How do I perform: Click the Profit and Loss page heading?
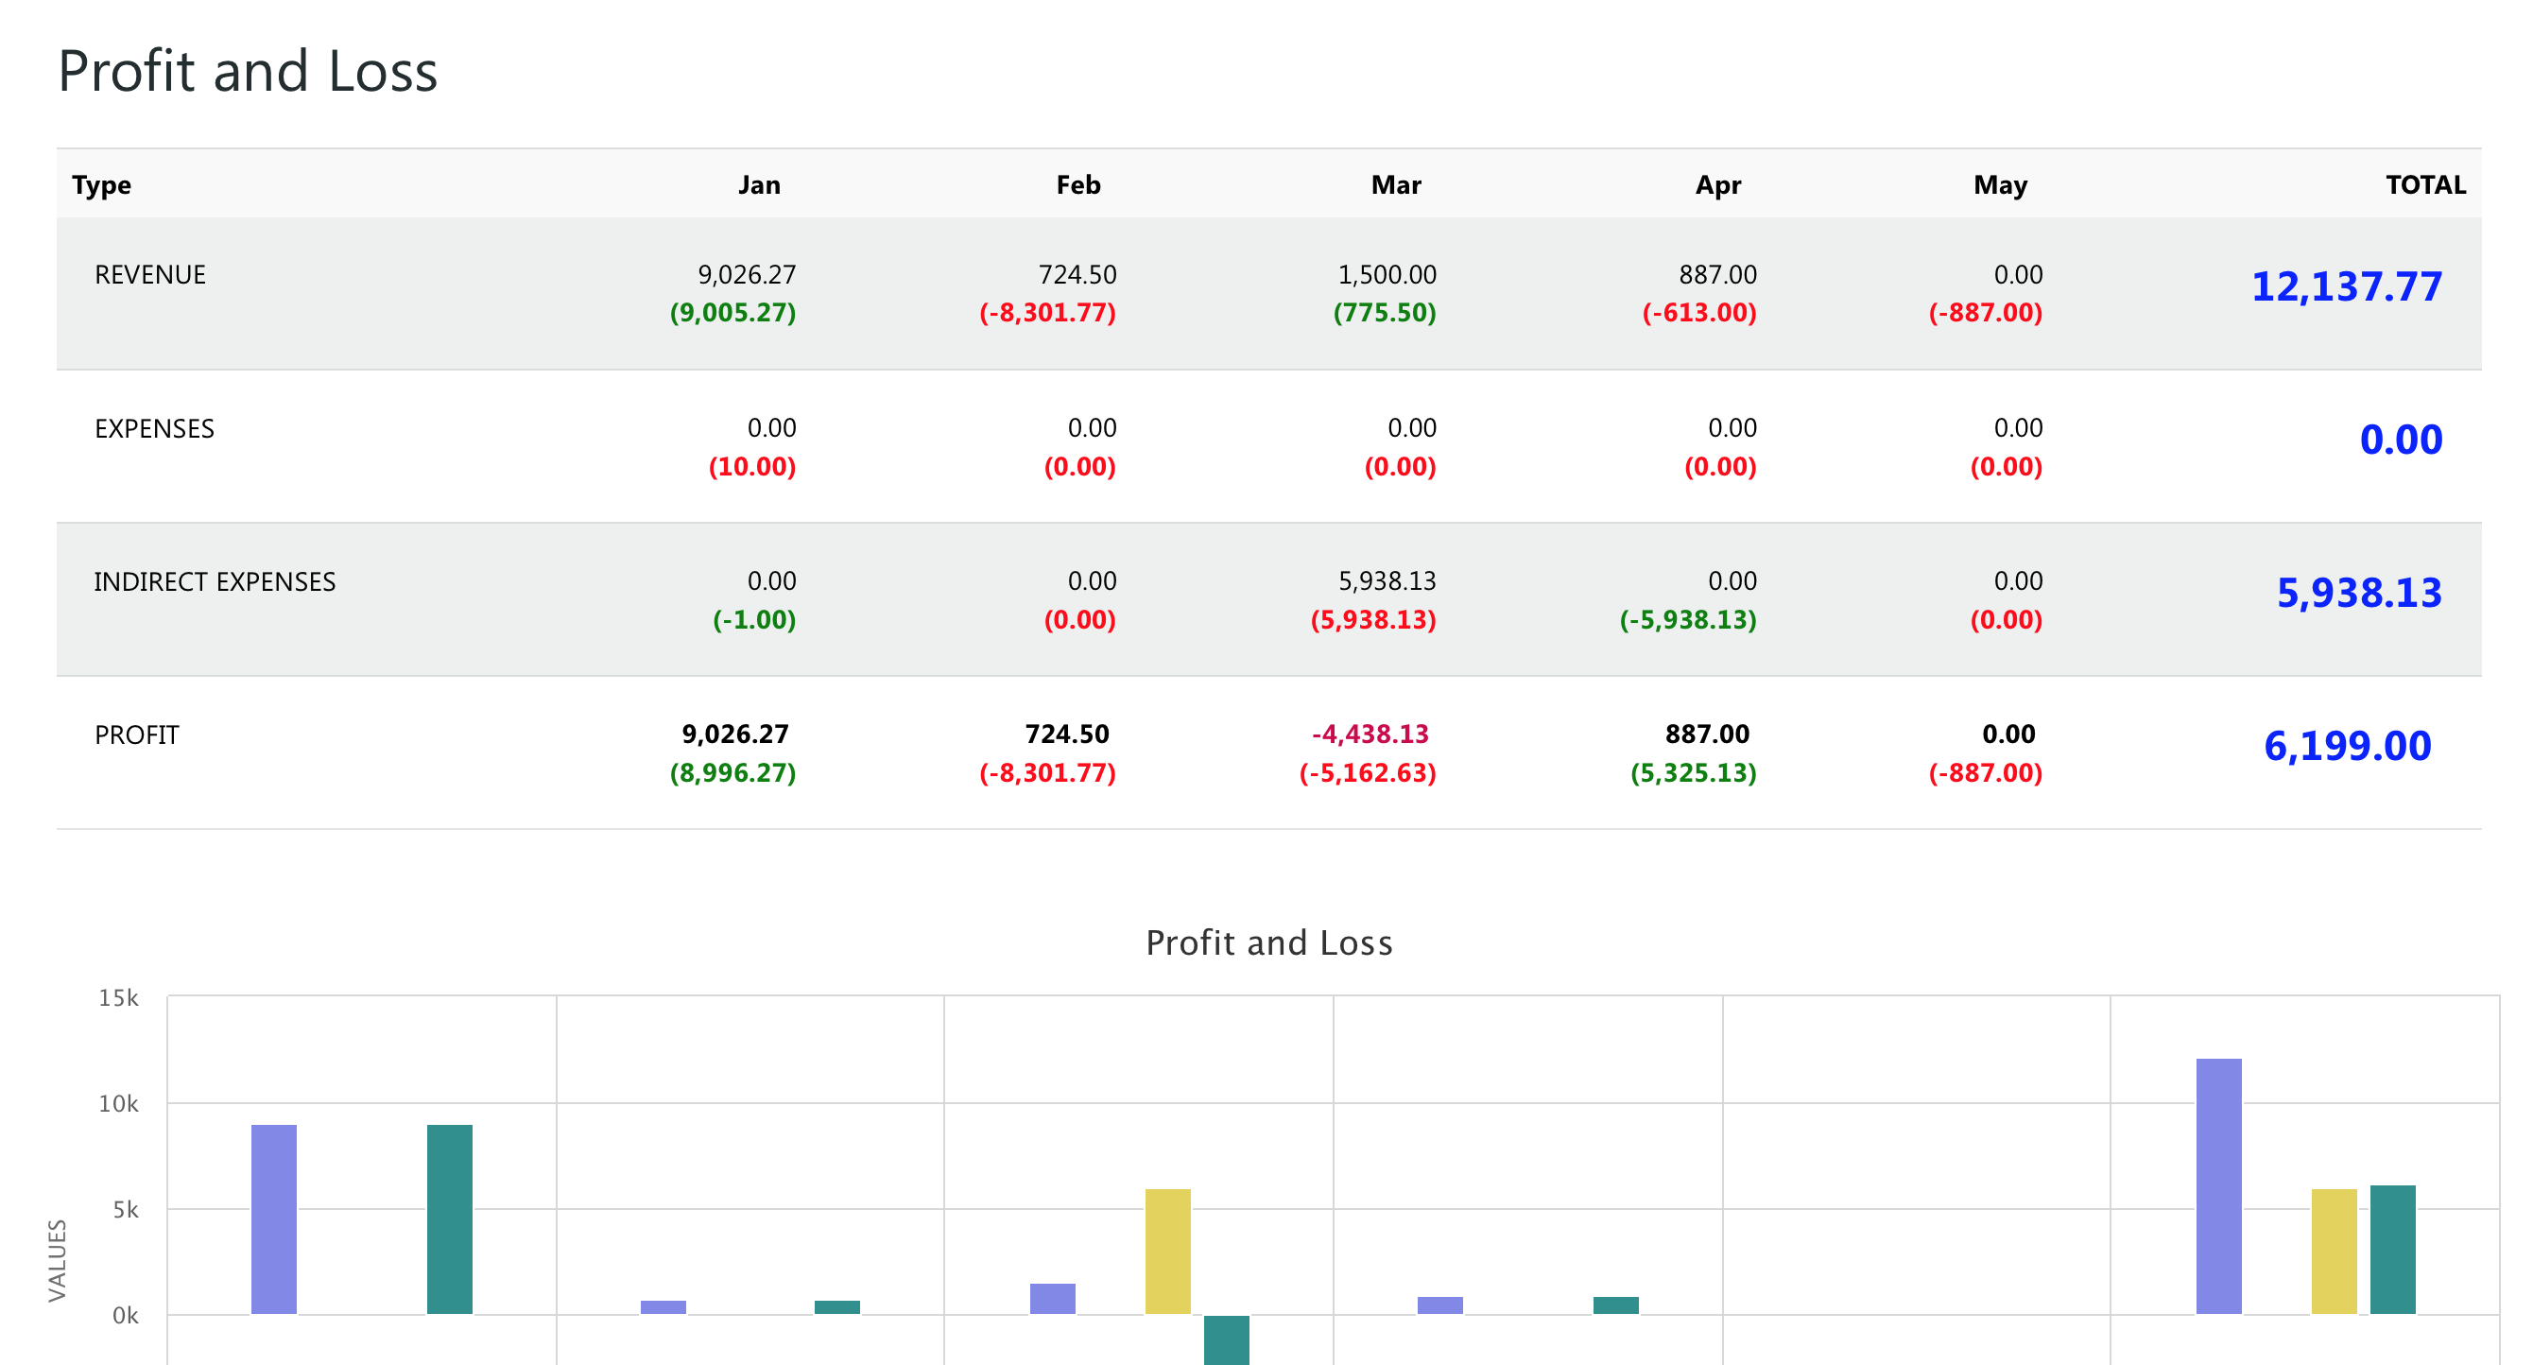(248, 72)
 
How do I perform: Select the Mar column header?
(1395, 185)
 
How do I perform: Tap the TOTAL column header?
(2425, 185)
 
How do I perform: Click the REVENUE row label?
(150, 274)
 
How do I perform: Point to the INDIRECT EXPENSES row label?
(215, 581)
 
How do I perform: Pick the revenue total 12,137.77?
(2346, 287)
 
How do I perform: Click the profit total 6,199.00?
(2347, 747)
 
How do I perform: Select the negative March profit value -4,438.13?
(1370, 734)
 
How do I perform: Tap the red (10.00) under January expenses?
(752, 466)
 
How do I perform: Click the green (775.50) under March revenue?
(1385, 313)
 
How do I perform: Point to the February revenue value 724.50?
(1077, 274)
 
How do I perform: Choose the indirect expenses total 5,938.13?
(2359, 593)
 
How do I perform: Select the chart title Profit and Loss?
(1268, 942)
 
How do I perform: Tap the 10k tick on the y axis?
(119, 1103)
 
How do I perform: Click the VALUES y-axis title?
(57, 1260)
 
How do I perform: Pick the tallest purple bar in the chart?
(2218, 1185)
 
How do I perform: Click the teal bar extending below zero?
(1226, 1339)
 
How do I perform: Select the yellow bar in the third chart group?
(1167, 1251)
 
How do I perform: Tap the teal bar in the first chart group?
(449, 1219)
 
